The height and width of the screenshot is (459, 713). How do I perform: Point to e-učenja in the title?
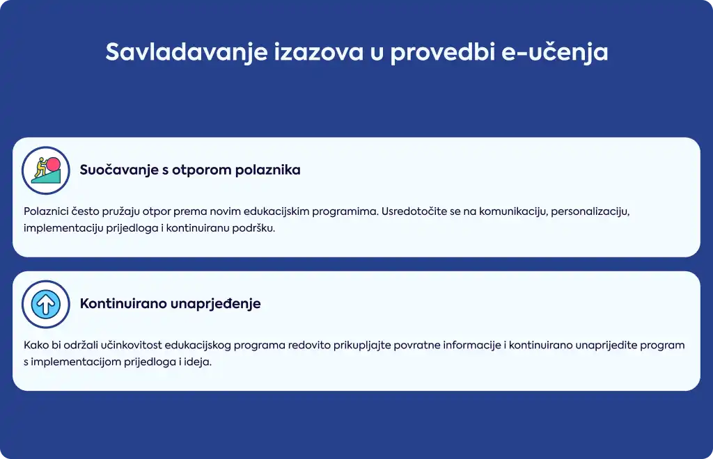tap(555, 51)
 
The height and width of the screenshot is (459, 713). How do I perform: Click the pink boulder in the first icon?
tap(53, 164)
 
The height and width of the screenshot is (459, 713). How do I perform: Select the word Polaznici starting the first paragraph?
tap(45, 211)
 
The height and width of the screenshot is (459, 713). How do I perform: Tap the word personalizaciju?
tap(590, 211)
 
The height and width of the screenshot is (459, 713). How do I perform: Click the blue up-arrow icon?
tap(46, 304)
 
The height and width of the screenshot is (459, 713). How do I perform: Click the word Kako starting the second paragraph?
tap(36, 346)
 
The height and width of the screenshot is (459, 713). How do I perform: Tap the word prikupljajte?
tap(362, 346)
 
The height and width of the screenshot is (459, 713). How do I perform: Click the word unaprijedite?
tap(606, 346)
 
